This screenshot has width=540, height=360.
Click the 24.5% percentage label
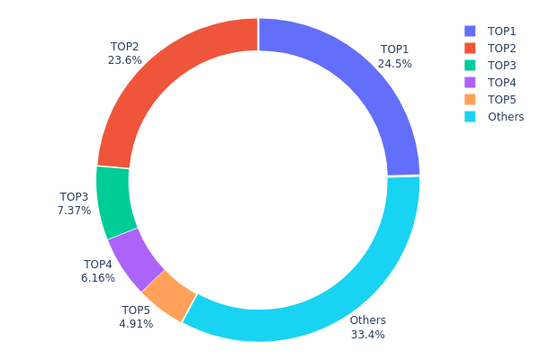pos(394,64)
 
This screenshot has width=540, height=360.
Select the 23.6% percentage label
pos(124,61)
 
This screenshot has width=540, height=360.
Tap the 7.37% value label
pos(74,211)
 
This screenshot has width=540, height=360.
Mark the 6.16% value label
pos(98,279)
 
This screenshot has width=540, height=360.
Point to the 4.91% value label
pos(136,324)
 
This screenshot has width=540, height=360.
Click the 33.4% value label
pos(367,335)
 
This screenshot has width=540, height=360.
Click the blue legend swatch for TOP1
pos(470,31)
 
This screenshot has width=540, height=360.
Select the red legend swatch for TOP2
pos(470,48)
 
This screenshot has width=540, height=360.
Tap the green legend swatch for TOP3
pos(470,65)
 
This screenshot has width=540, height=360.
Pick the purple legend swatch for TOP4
pos(470,82)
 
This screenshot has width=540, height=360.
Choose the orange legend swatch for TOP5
pos(470,99)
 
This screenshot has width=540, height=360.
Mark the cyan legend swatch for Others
pos(470,116)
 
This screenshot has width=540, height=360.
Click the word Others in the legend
pos(506,117)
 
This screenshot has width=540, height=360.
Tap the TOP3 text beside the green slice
pos(74,196)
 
